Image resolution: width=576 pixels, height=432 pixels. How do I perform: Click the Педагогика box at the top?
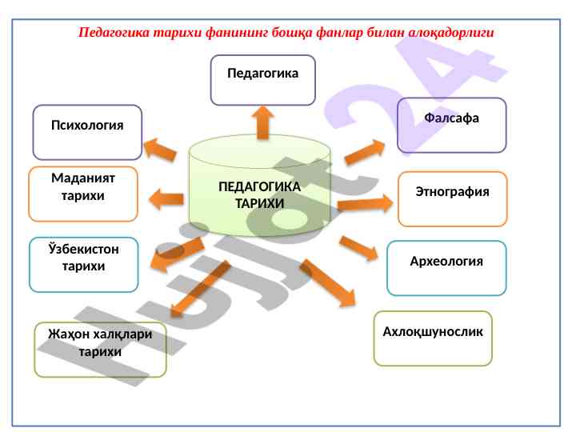(262, 80)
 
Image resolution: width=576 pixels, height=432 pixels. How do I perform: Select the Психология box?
(87, 132)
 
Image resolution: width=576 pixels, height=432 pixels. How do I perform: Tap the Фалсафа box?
(452, 125)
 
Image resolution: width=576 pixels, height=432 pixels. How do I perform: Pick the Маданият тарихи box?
(83, 194)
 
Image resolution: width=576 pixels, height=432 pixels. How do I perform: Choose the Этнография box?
(452, 199)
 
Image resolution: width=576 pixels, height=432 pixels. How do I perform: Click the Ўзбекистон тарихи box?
(83, 264)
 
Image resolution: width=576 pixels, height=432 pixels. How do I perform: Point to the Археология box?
(446, 268)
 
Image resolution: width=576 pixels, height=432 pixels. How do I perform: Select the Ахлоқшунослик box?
(433, 338)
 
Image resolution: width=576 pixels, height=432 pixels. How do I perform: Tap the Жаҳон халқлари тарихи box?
(100, 349)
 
